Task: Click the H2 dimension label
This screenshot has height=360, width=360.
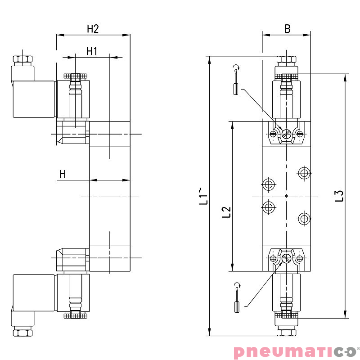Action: pyautogui.click(x=93, y=29)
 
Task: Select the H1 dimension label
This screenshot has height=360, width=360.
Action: pyautogui.click(x=92, y=51)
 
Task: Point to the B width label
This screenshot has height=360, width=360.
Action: pyautogui.click(x=287, y=29)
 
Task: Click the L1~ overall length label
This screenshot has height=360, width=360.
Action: pyautogui.click(x=204, y=196)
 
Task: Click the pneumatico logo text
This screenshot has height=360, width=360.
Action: pyautogui.click(x=294, y=351)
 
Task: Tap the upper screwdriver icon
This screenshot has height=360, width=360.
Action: pyautogui.click(x=235, y=86)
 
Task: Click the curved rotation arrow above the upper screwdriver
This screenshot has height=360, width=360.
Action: pyautogui.click(x=236, y=68)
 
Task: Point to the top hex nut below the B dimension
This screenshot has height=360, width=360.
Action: pyautogui.click(x=286, y=59)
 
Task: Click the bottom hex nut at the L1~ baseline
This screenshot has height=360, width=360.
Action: pyautogui.click(x=286, y=332)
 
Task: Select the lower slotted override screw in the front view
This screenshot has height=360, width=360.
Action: pyautogui.click(x=287, y=258)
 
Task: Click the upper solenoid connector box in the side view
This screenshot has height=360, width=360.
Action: pyautogui.click(x=34, y=99)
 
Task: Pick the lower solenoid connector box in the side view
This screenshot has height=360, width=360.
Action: pyautogui.click(x=34, y=292)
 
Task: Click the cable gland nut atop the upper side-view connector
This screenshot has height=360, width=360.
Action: pyautogui.click(x=22, y=59)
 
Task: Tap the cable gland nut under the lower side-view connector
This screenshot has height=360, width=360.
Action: pyautogui.click(x=22, y=333)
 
